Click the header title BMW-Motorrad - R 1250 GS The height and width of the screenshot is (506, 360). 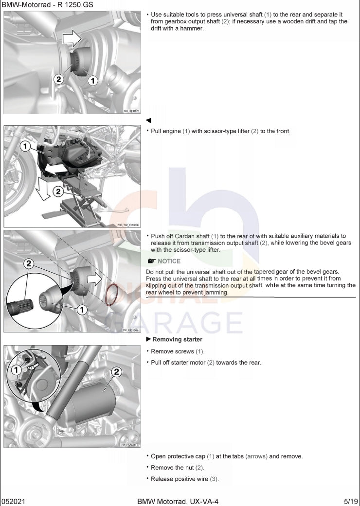(47, 5)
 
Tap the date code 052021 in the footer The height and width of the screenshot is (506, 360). (13, 501)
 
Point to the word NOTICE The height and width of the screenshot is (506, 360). (169, 261)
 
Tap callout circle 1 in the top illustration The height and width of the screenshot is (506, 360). (92, 81)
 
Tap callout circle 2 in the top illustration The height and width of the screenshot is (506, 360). (58, 79)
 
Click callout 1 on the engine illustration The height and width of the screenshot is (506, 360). (25, 146)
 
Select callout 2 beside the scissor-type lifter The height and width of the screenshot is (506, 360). (58, 192)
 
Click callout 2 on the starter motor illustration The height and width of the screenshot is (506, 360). (116, 372)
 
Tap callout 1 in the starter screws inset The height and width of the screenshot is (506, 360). (16, 370)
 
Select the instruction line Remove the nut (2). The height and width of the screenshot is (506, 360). (177, 468)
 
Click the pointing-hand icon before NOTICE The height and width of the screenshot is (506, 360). (151, 261)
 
